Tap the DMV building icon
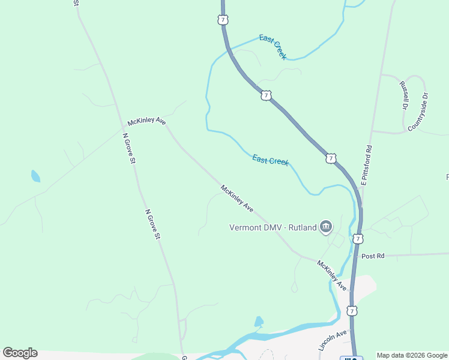click(326, 226)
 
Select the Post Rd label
click(373, 256)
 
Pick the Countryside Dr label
click(418, 112)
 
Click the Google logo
click(20, 353)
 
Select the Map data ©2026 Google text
click(412, 355)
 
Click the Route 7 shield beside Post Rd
click(358, 239)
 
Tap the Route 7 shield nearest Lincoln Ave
click(352, 311)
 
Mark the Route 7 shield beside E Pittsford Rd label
click(331, 158)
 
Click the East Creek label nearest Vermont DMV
click(270, 160)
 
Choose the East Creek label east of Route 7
click(273, 47)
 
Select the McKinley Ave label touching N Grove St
click(146, 121)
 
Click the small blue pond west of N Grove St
click(35, 176)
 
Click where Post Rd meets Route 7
click(359, 257)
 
